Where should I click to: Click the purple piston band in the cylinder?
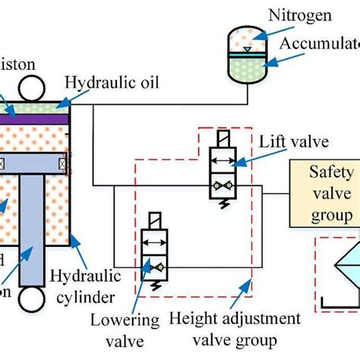(34, 118)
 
